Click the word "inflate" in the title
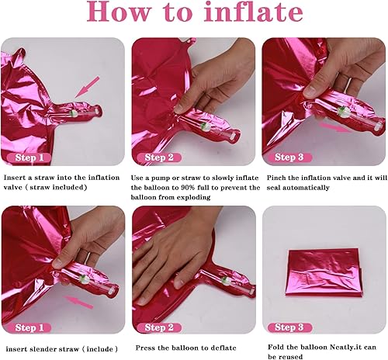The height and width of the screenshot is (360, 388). [249, 14]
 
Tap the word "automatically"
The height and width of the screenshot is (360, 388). [314, 187]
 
